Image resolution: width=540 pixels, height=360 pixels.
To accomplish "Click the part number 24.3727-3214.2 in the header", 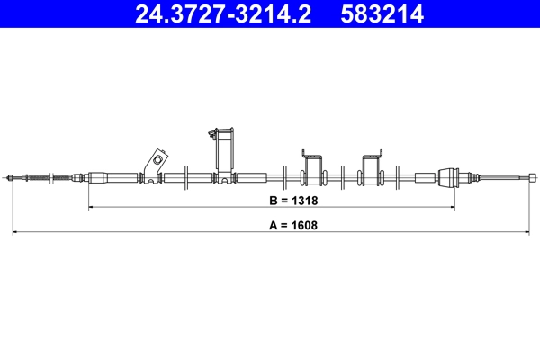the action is [x=223, y=13].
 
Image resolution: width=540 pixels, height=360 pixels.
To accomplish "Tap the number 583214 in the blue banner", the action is [x=382, y=13].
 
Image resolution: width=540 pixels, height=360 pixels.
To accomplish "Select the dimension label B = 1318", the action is [x=293, y=201].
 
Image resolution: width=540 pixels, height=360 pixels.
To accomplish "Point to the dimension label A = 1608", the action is [x=293, y=225].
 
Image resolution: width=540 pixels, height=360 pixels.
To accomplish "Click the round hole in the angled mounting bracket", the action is [x=157, y=160].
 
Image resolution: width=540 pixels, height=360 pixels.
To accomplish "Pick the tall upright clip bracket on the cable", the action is [x=223, y=155].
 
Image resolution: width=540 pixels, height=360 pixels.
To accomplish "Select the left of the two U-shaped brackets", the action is [x=313, y=169].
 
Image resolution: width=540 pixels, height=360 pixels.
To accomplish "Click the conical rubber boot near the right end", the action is [x=449, y=178].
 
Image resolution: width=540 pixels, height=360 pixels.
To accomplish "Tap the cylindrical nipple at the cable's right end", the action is [x=533, y=178].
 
